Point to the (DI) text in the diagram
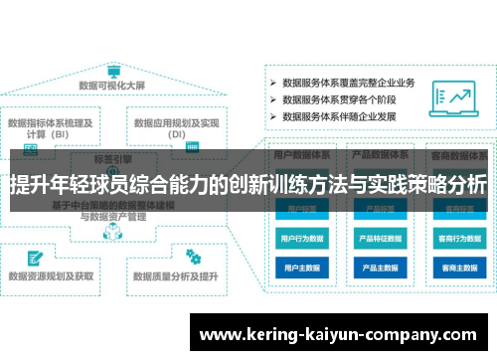177,133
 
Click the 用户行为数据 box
301,239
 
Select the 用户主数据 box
301,269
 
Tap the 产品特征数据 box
380,239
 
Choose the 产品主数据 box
380,269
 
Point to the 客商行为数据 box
458,239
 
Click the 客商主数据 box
458,269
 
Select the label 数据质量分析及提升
178,276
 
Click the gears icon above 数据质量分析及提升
193,257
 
